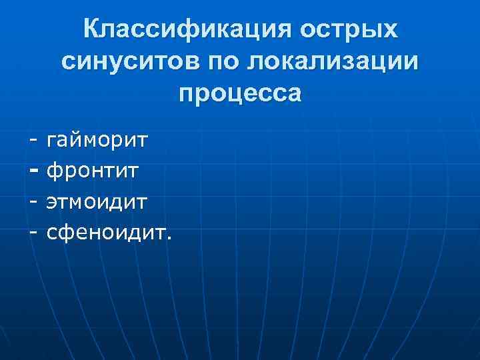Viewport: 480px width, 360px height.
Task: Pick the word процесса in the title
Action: (x=240, y=93)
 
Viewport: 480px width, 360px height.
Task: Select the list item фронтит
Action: (x=92, y=171)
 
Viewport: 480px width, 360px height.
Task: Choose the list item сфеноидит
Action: (x=107, y=231)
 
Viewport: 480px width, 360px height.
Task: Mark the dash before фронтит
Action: (x=33, y=171)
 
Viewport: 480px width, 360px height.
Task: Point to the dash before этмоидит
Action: (x=33, y=201)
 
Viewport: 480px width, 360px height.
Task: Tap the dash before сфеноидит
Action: (x=33, y=231)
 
